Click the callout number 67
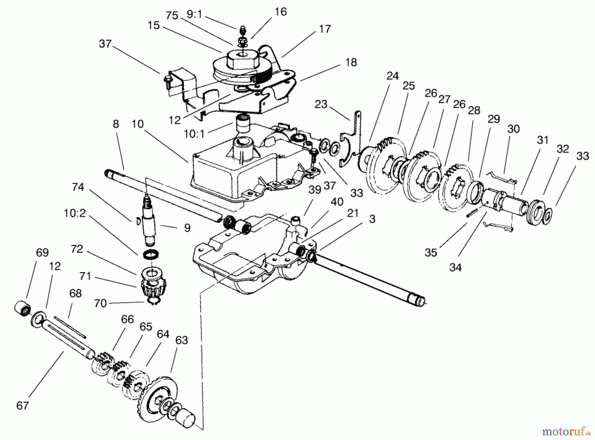coord(22,405)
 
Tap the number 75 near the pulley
coord(172,16)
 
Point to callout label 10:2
coord(74,213)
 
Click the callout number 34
coord(455,267)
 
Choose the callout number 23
coord(321,104)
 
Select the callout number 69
coord(42,253)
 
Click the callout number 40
coord(337,202)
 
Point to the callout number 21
coord(353,214)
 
